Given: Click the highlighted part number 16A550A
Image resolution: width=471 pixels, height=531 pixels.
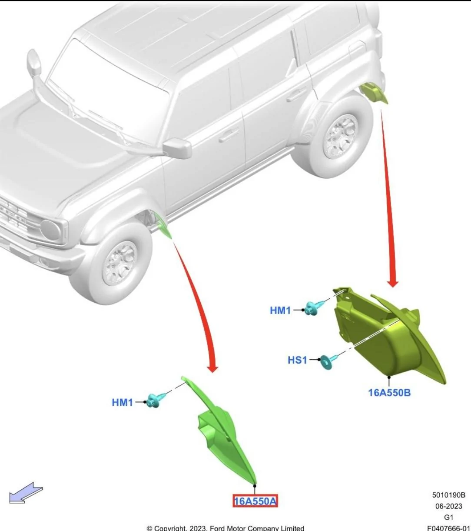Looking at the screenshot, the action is coord(255,501).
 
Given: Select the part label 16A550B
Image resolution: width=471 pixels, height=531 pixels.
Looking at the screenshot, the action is coord(389,393).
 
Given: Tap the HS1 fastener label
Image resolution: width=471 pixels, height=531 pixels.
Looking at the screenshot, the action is coord(297,360).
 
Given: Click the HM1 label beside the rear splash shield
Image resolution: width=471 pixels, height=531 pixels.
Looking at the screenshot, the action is coord(280,311).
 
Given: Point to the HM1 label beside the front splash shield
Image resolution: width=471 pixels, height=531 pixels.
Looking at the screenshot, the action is coord(122,402).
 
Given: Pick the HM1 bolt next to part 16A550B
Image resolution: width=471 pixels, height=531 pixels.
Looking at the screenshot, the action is coord(314,308).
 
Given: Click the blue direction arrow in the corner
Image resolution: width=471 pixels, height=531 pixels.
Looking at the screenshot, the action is coord(26,493).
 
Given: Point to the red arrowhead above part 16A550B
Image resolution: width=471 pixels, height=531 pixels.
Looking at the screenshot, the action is coord(392,283).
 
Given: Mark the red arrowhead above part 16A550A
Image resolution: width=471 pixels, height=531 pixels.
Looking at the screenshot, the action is coord(212,368).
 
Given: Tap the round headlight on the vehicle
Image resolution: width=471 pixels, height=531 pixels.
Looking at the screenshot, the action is coord(50,230).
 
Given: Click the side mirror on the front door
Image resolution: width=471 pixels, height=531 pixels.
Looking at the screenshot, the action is coord(177,148).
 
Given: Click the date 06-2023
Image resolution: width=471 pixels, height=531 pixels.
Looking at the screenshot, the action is coord(449,506).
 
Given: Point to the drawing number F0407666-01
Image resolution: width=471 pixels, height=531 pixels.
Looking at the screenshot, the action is coord(449,528).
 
